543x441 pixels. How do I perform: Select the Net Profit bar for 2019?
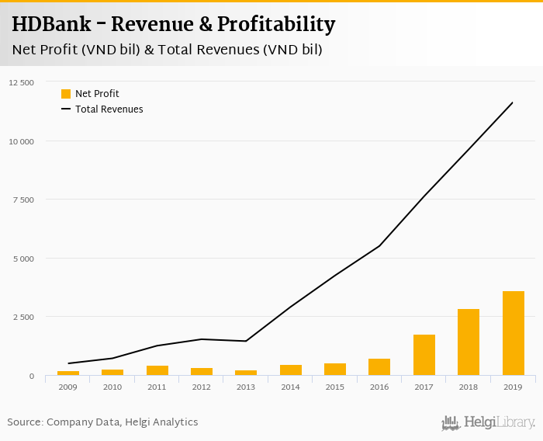coord(513,334)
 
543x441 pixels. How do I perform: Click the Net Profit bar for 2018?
coord(469,342)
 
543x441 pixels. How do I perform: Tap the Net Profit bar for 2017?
coord(424,356)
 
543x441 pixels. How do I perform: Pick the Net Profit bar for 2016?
coord(379,367)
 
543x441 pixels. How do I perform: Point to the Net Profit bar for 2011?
coord(157,371)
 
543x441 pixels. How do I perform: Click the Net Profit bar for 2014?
coord(291,370)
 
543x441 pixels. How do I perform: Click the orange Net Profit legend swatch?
coord(66,94)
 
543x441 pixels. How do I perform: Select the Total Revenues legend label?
coord(109,109)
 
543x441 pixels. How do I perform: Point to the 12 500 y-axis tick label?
coord(22,82)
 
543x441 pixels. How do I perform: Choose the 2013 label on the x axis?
coord(246,386)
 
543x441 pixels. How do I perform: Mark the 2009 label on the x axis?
coord(68,386)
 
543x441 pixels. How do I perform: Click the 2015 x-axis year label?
coord(335,386)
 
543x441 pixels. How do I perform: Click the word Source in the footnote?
coord(24,422)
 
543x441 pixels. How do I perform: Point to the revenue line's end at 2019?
coord(513,102)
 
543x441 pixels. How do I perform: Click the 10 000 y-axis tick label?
coord(22,141)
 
